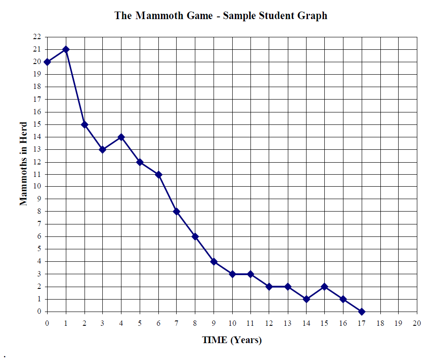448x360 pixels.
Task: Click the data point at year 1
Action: [x=66, y=49]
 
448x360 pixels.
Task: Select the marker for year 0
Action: [x=47, y=62]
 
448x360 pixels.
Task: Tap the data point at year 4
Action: [x=121, y=137]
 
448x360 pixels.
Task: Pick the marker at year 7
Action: [x=177, y=212]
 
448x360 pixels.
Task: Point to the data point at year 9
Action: [x=214, y=262]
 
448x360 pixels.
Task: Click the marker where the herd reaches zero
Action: [x=362, y=312]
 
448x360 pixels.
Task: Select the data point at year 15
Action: [x=325, y=287]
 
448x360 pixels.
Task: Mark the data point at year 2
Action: [x=85, y=124]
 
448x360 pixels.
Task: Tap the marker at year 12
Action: [x=269, y=287]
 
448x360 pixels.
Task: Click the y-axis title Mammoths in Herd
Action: [x=24, y=164]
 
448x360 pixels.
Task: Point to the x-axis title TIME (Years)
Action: [x=232, y=340]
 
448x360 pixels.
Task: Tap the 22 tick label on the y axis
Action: [x=37, y=37]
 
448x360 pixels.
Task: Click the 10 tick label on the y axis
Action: [x=37, y=187]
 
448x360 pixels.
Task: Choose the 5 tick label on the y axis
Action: [x=39, y=249]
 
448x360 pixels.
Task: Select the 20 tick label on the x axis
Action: [x=417, y=323]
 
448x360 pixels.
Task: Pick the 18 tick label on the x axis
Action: [x=380, y=323]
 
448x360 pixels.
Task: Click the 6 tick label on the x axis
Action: [x=158, y=323]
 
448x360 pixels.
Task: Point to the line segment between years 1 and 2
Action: [x=75, y=87]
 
